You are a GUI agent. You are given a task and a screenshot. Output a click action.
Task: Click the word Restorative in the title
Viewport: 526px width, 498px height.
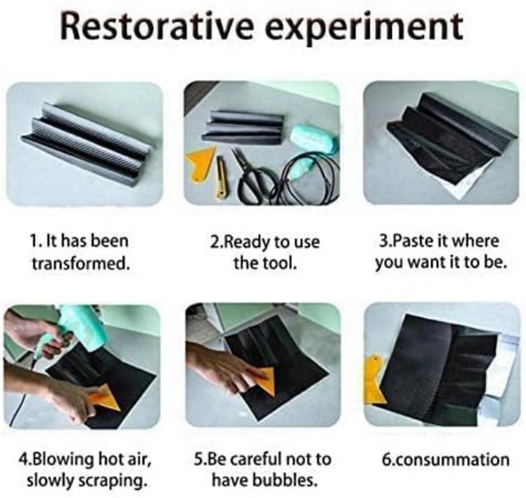point(157,25)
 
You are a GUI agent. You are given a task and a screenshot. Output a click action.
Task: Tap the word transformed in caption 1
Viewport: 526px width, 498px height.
point(80,263)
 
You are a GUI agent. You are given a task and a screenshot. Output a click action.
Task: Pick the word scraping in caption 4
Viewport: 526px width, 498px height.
point(112,481)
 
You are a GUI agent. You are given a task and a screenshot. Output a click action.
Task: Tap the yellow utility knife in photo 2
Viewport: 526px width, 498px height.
point(220,177)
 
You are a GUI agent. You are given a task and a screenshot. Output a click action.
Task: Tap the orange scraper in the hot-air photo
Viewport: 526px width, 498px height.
point(102,398)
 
